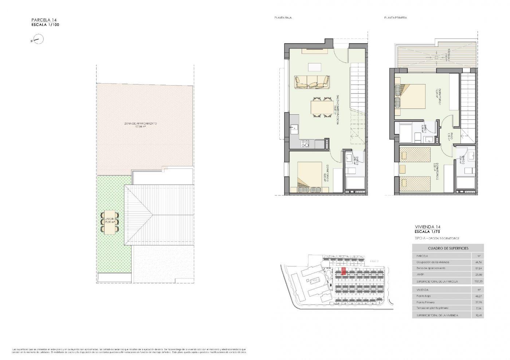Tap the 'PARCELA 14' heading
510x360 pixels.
(x=44, y=20)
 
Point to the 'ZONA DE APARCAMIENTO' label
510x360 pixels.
(x=141, y=124)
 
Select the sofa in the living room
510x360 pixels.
(x=312, y=82)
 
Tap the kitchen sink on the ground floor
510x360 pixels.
(x=294, y=128)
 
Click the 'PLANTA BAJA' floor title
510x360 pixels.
(x=283, y=18)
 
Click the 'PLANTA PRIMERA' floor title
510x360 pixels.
(x=395, y=18)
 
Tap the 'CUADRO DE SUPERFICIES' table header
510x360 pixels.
(x=448, y=248)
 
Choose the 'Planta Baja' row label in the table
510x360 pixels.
(x=424, y=296)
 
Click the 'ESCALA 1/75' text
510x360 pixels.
(x=428, y=232)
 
